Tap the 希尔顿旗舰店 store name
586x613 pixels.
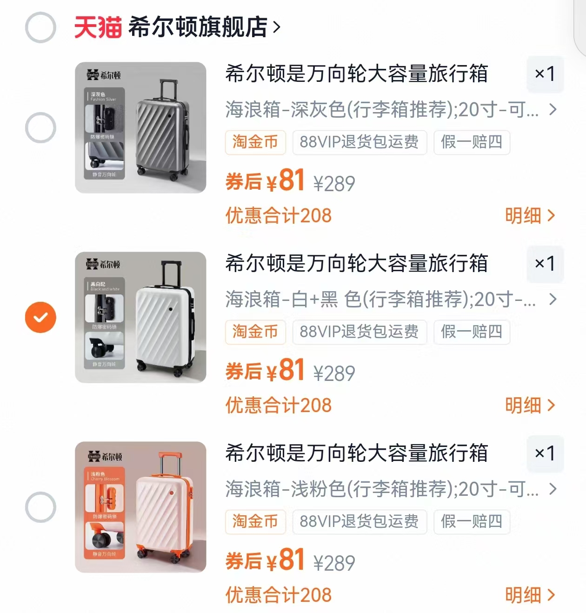[198, 27]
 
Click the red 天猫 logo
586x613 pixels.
[98, 27]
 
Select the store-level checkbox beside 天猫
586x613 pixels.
[40, 27]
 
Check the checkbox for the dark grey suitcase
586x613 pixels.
[40, 127]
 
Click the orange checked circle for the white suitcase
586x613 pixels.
[40, 317]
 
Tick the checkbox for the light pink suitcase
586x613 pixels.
[40, 507]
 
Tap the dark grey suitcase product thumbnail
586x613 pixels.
[140, 127]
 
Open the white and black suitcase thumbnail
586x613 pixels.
[140, 317]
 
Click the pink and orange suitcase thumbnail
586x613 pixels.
[140, 507]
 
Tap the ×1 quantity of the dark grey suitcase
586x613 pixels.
[545, 74]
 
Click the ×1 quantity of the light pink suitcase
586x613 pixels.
[545, 453]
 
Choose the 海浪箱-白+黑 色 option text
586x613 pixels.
[380, 300]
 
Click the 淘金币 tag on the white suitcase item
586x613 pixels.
[255, 332]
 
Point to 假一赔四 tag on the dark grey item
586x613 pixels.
[472, 142]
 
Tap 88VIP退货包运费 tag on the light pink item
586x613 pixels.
[359, 521]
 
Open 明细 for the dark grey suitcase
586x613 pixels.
[530, 216]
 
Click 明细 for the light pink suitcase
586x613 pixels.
[530, 595]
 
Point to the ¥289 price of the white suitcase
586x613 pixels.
[334, 373]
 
